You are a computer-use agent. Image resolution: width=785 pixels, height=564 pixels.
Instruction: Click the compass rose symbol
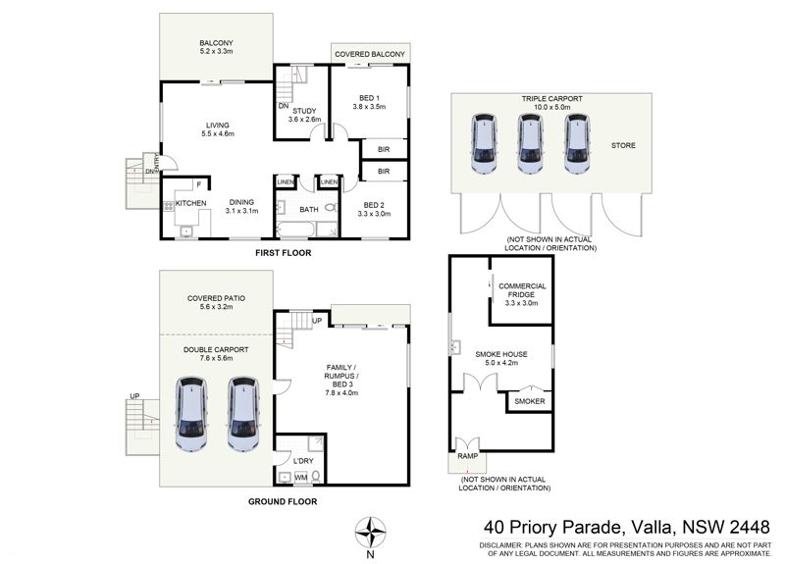[370, 533]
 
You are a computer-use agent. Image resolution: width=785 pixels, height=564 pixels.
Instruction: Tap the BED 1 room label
[370, 98]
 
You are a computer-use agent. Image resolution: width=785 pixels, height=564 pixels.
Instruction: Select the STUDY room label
[304, 111]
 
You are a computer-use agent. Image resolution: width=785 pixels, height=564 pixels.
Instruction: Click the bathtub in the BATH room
[295, 230]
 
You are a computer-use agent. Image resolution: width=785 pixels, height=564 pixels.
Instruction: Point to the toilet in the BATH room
[331, 207]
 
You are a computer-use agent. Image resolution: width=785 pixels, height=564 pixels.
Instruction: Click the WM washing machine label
[301, 478]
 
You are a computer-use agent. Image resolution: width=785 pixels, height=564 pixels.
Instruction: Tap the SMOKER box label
[530, 401]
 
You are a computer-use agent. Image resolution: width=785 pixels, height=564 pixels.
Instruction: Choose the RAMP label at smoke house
[468, 456]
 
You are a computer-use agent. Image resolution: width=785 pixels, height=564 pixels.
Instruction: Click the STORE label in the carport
[623, 145]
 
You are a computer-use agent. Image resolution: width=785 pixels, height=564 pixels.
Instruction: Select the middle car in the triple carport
[530, 143]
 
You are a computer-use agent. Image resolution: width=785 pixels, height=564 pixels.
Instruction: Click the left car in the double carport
[190, 414]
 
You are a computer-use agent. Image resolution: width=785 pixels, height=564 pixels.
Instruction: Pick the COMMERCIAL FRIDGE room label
[522, 290]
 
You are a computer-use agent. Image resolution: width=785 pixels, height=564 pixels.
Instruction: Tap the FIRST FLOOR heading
[284, 253]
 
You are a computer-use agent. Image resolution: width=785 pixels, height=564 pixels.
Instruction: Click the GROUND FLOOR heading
[283, 501]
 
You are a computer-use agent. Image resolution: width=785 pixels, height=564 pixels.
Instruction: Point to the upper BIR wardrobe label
[384, 149]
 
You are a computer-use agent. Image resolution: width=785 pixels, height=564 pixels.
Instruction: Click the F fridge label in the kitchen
[199, 184]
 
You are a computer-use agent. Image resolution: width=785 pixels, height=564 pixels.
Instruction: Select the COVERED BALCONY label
[370, 54]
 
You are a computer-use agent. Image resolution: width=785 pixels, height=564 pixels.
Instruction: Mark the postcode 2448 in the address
[750, 527]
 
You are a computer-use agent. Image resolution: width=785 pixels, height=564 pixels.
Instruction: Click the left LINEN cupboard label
[286, 182]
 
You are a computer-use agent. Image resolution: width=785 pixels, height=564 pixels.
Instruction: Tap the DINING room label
[241, 202]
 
